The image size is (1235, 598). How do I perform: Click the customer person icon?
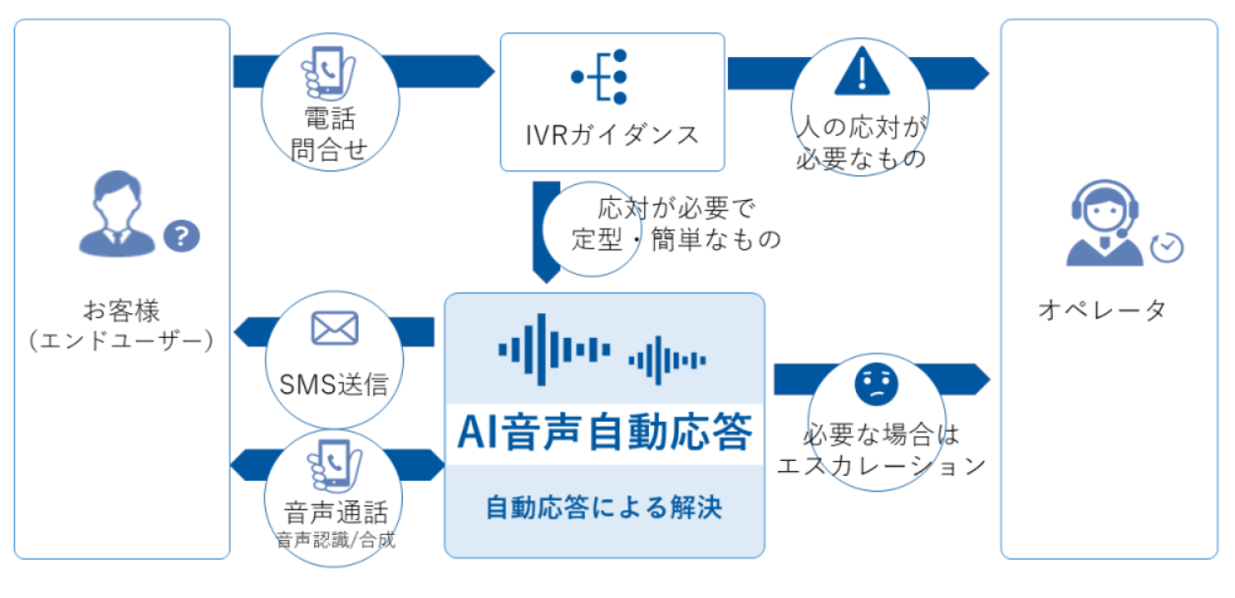click(117, 214)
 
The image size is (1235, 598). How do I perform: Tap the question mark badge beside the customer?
click(181, 236)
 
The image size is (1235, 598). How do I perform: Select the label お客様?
click(121, 310)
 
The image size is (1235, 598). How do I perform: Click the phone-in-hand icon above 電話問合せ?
click(329, 74)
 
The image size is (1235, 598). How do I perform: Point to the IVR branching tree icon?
click(600, 77)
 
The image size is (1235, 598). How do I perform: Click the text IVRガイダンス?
click(612, 135)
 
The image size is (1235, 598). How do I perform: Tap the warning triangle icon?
click(862, 72)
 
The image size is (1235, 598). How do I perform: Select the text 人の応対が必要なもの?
click(861, 143)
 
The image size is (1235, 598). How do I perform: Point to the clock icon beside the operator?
click(1167, 247)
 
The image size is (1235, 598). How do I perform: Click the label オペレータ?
click(1102, 310)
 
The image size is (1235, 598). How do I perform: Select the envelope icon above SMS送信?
click(335, 328)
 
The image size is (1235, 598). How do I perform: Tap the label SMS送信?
click(334, 384)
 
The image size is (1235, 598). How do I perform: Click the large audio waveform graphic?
click(554, 350)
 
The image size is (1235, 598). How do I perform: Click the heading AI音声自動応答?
click(605, 432)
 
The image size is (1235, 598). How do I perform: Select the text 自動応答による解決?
click(604, 507)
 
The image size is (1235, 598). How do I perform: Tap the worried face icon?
click(877, 384)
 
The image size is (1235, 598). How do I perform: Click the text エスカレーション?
click(881, 466)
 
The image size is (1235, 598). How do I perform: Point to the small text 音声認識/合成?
click(336, 540)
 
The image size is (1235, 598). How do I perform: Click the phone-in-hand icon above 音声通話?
click(335, 467)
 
